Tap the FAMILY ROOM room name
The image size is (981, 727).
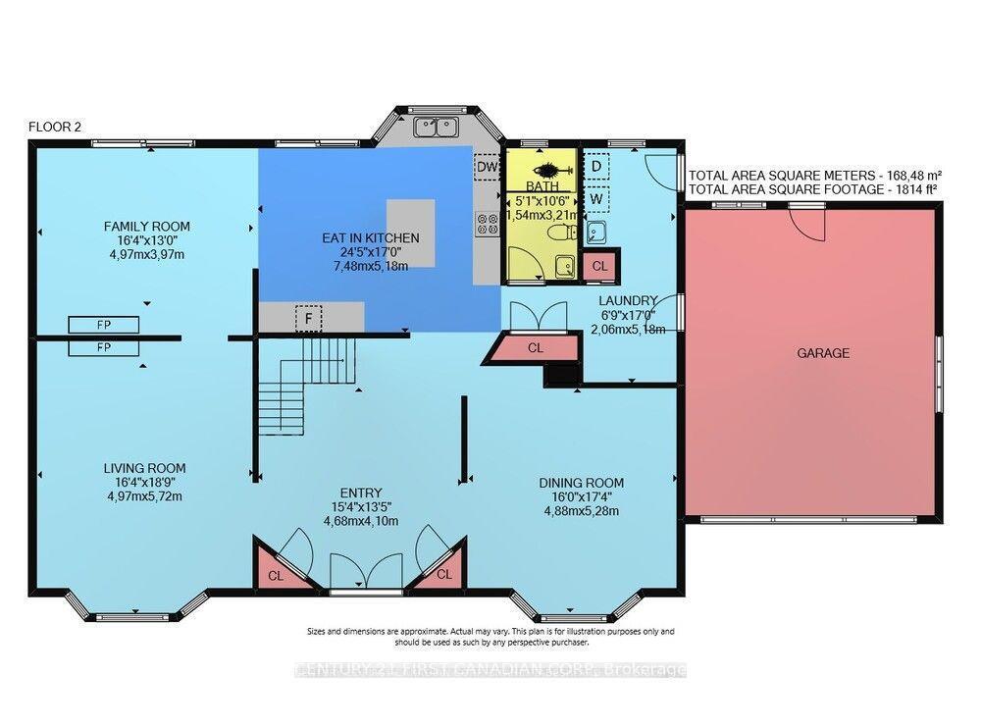point(147,227)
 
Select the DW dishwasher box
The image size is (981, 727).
point(487,167)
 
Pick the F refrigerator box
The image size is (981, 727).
point(309,319)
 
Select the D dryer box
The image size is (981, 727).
point(595,166)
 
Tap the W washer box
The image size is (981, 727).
point(595,199)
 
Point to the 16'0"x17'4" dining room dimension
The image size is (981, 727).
point(581,496)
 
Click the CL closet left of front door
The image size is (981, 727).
point(276,576)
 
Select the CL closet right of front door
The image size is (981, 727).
point(443,574)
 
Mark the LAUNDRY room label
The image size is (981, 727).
point(629,300)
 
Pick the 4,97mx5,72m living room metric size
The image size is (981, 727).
point(144,495)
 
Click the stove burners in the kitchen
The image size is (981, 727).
point(483,224)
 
